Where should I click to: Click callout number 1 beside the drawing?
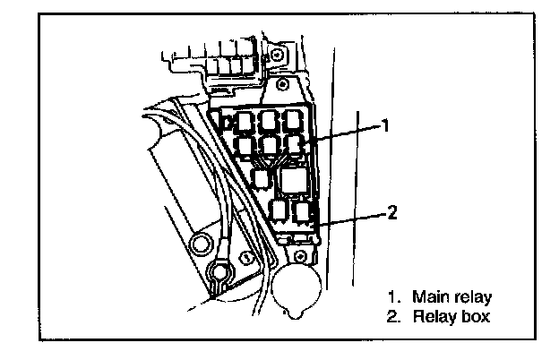384,126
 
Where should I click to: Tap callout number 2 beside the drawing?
391,212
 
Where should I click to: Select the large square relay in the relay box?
292,180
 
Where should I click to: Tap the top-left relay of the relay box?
246,120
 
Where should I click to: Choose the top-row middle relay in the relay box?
270,120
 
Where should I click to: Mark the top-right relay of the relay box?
293,120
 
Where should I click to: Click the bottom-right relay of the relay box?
302,211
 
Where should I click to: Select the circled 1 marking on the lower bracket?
245,259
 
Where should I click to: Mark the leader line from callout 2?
354,216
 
